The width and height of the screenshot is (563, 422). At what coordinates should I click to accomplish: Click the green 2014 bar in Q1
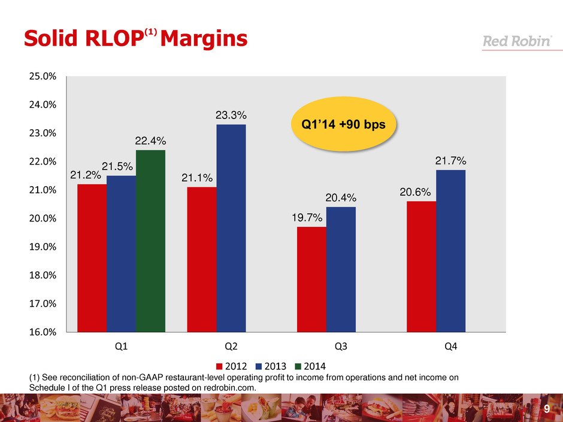[x=150, y=241]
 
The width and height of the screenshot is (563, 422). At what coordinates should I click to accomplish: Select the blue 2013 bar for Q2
[x=231, y=227]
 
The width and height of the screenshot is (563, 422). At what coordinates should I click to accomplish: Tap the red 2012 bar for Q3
[x=311, y=279]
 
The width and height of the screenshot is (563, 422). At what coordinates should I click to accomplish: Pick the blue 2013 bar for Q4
[x=450, y=250]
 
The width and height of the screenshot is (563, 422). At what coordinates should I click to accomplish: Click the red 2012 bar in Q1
[x=92, y=257]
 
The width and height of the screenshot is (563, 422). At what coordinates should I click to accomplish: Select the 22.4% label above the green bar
[x=150, y=141]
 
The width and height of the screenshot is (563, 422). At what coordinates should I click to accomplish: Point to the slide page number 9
[x=546, y=409]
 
